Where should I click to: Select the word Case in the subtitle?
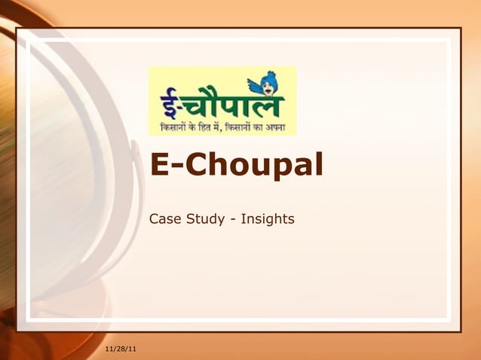coord(166,219)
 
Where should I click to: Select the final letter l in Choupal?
coord(319,163)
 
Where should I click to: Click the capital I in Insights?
coord(243,219)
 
